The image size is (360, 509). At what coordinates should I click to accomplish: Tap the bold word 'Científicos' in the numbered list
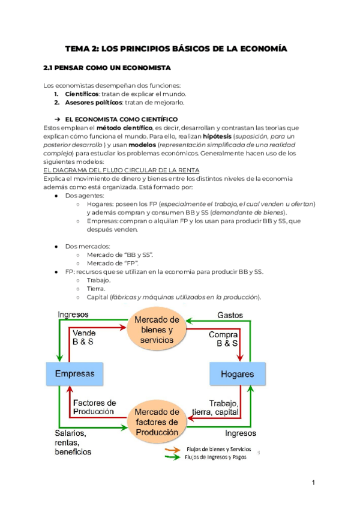coord(80,94)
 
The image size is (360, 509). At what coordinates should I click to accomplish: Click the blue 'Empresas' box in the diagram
coord(75,374)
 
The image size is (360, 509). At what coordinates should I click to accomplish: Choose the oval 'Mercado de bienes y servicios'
coord(156,329)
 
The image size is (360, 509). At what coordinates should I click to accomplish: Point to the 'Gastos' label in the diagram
coord(230,315)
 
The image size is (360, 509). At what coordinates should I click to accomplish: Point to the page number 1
coord(313,483)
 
